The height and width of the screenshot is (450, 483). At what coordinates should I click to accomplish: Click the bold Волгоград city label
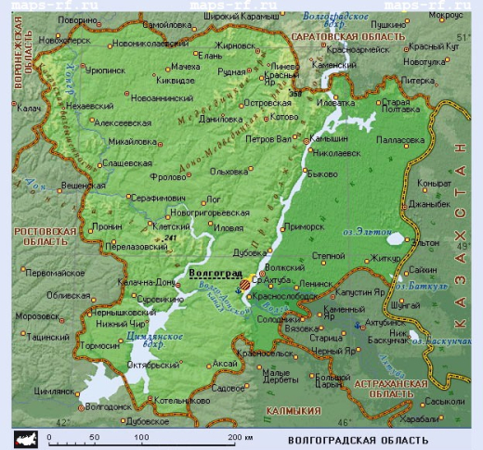click(x=214, y=274)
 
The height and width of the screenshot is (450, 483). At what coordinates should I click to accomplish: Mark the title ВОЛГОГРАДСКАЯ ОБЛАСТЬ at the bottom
click(x=359, y=438)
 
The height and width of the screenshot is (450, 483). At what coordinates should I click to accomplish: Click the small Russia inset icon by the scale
click(x=24, y=436)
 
